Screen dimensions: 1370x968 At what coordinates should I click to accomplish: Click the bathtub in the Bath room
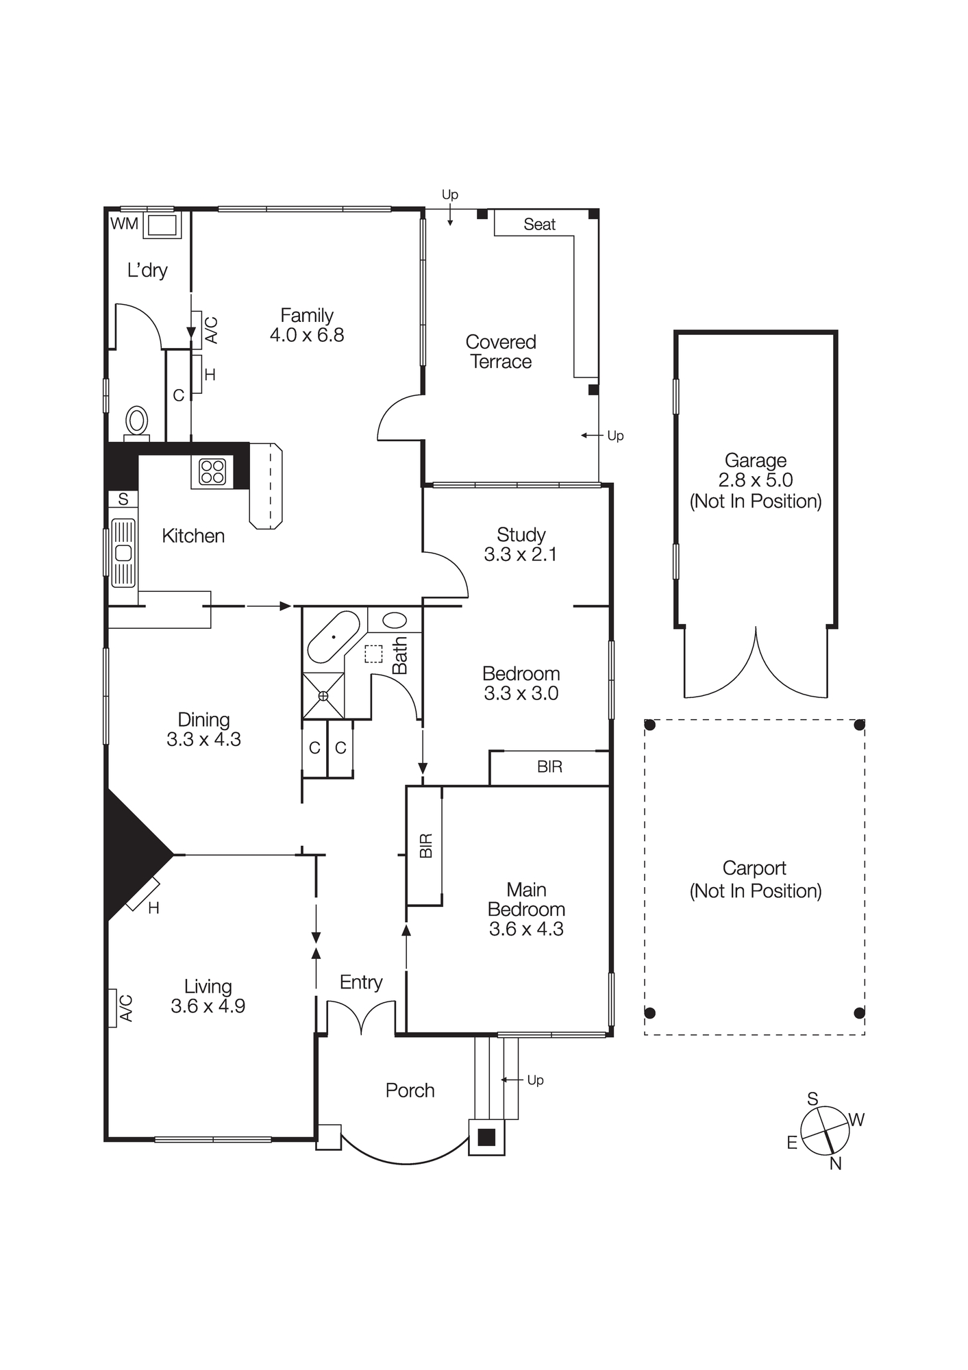tap(334, 637)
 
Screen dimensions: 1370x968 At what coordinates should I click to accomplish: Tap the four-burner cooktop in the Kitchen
tap(212, 472)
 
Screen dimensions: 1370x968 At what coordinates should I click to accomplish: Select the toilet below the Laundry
tap(137, 421)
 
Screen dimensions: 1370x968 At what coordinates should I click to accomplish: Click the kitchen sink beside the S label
tap(123, 553)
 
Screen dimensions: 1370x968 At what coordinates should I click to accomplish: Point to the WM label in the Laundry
tap(124, 223)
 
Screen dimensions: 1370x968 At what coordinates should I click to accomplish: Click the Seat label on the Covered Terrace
tap(539, 224)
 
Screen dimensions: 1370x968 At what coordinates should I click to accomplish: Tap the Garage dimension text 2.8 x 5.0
tap(755, 480)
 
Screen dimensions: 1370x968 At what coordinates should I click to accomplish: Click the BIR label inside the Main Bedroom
tap(425, 845)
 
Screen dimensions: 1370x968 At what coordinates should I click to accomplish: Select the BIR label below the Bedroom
tap(549, 767)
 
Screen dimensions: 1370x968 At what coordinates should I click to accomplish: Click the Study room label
tap(521, 534)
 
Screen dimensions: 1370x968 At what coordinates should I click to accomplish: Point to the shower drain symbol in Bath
tap(323, 696)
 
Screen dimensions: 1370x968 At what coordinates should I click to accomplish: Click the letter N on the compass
tap(835, 1163)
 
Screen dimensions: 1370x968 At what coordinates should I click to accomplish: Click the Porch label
tap(410, 1091)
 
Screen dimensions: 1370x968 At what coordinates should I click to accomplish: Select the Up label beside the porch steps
tap(535, 1080)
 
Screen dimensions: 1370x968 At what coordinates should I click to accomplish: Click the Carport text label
tap(754, 869)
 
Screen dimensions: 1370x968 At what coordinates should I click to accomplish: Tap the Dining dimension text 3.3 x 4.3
tap(203, 739)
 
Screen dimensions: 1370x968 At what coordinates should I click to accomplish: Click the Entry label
tap(360, 982)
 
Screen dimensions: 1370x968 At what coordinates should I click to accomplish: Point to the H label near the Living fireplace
tap(153, 908)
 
